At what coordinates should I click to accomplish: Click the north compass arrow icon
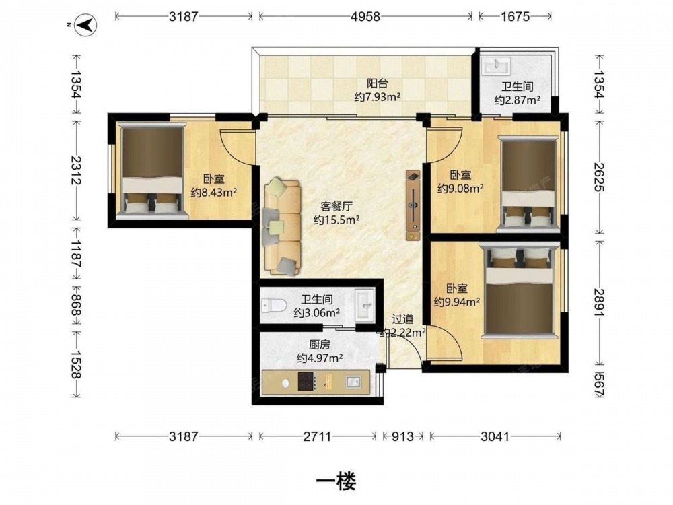(x=86, y=25)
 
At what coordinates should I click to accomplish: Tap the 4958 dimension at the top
(x=365, y=16)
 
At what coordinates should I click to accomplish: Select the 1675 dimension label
(x=515, y=16)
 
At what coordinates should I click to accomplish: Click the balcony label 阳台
(x=378, y=83)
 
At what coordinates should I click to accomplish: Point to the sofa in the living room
(x=281, y=227)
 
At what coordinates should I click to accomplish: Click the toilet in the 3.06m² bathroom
(x=274, y=306)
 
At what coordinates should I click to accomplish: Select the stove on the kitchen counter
(x=306, y=381)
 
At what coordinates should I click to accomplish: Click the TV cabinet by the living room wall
(x=413, y=205)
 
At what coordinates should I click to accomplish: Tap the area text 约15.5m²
(x=336, y=220)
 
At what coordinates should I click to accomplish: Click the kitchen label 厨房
(x=320, y=344)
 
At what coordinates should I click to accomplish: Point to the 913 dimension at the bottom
(x=402, y=437)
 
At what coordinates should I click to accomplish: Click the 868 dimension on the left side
(x=76, y=304)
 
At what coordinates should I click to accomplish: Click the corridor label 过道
(x=402, y=319)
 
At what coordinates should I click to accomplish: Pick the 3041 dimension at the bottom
(x=495, y=437)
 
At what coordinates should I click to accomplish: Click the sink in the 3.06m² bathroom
(x=364, y=305)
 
